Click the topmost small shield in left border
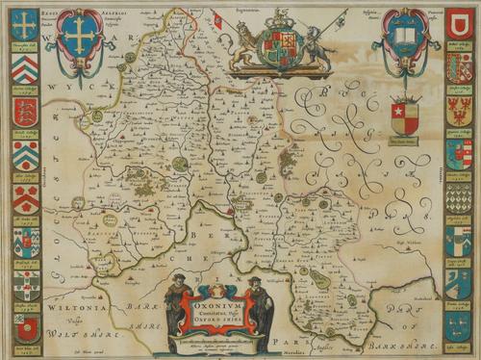pyautogui.click(x=25, y=25)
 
